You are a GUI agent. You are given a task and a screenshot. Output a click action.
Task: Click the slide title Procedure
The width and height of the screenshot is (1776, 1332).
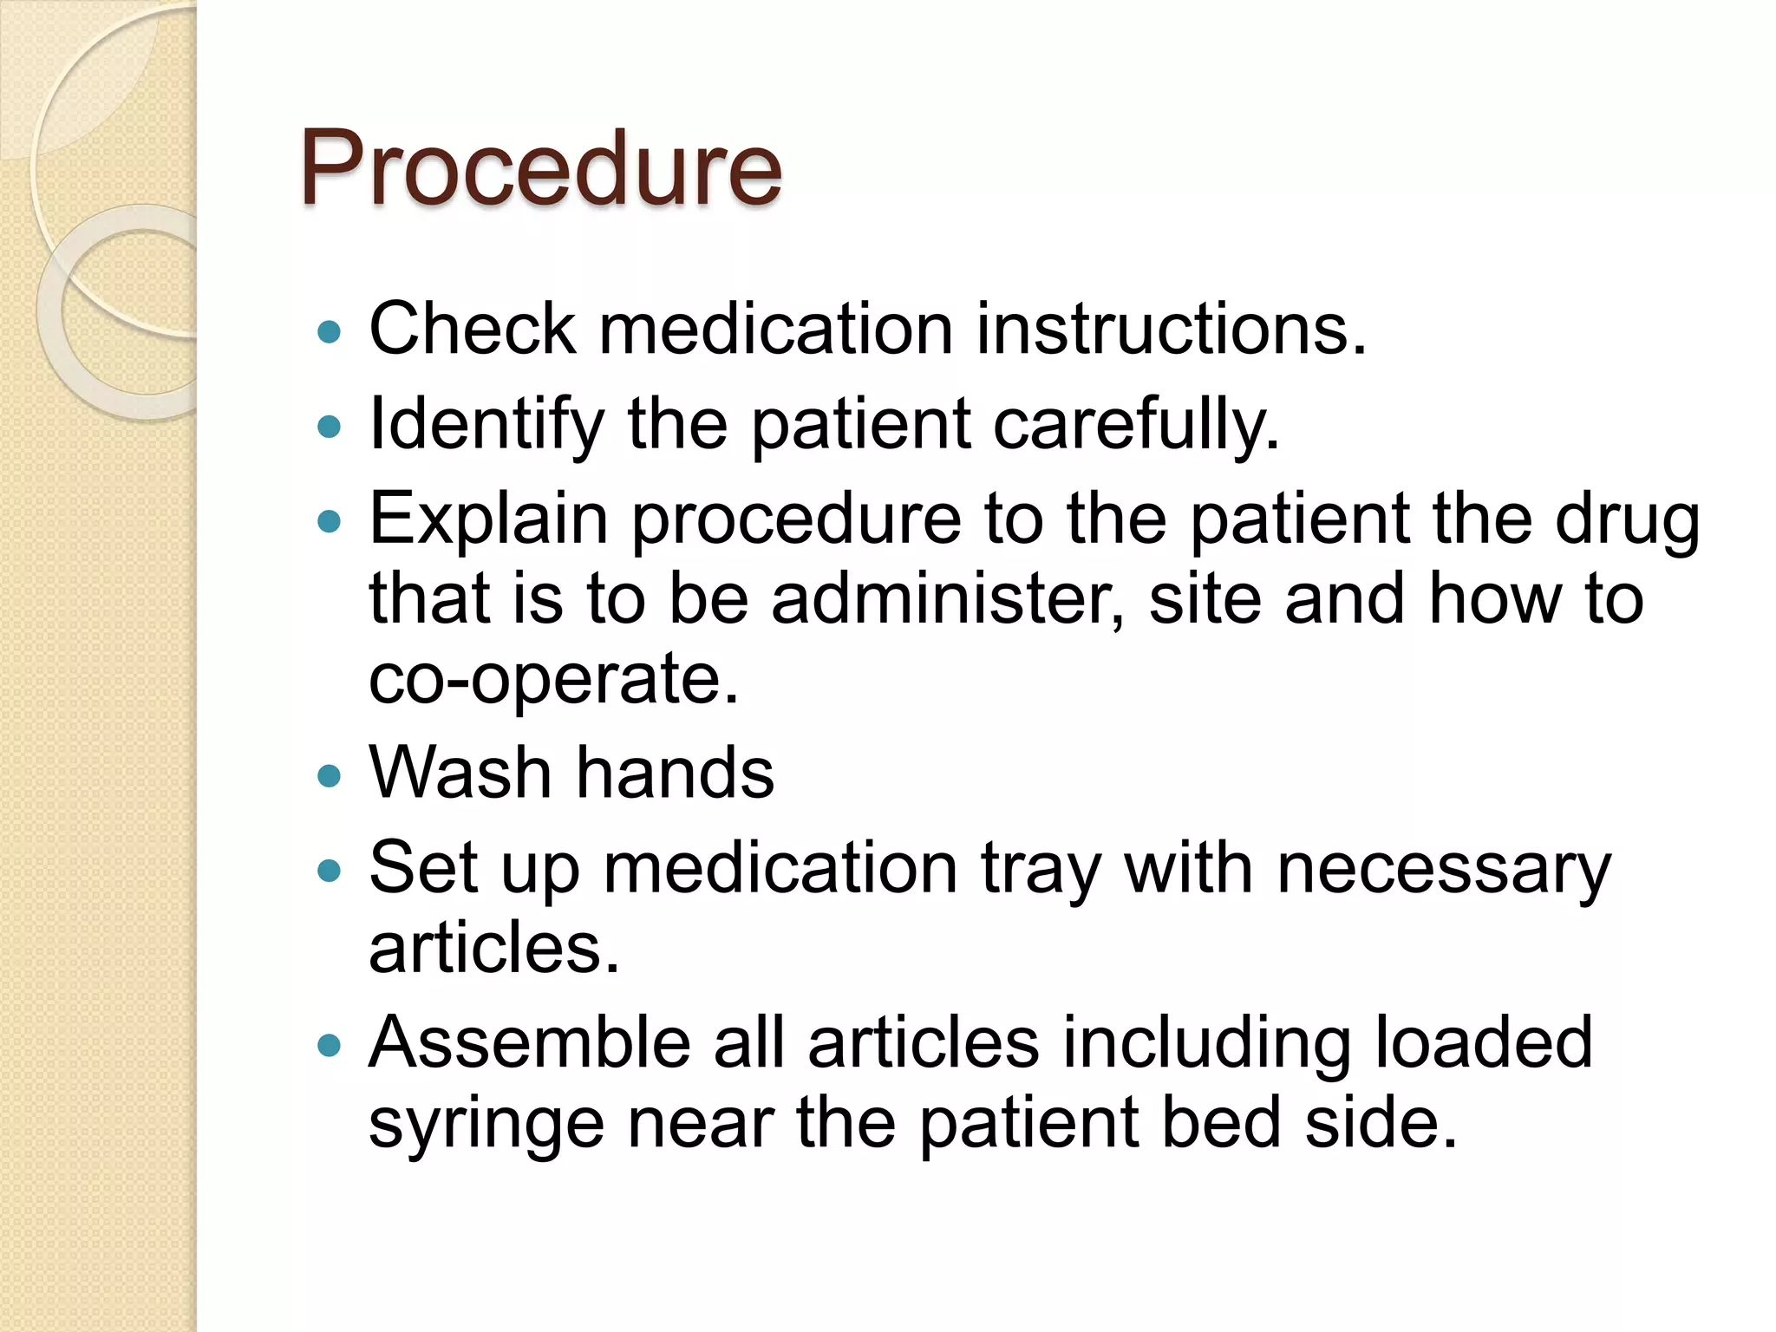pos(540,167)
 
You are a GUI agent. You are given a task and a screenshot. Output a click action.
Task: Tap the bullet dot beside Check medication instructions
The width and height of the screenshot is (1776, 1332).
pos(330,331)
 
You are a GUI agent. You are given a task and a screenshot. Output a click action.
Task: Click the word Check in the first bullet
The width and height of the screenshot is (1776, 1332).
pos(472,330)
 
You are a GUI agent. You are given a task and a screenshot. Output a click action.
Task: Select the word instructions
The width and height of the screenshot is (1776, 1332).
pos(1171,330)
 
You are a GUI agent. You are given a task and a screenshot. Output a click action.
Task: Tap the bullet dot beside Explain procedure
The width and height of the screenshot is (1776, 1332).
pos(330,521)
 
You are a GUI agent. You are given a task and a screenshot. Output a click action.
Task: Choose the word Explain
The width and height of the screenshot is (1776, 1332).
pos(488,519)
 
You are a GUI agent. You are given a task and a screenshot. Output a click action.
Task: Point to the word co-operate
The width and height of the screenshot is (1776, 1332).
pos(554,679)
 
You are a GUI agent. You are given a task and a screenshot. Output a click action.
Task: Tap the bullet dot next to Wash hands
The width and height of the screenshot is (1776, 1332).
pos(330,774)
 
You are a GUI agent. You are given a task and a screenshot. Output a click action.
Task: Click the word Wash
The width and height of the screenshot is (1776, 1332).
pos(460,773)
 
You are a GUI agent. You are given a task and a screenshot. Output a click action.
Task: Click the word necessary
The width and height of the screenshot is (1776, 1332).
pos(1444,870)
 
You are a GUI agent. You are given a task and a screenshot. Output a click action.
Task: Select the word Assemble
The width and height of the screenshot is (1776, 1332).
pos(530,1041)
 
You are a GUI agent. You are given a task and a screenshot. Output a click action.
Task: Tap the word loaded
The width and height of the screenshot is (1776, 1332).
pos(1484,1041)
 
